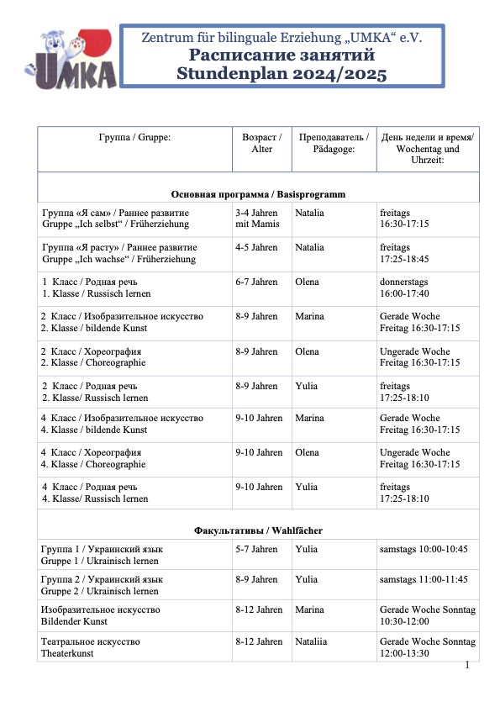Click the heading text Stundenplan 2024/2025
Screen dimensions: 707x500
[282, 74]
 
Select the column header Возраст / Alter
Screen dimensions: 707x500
[261, 142]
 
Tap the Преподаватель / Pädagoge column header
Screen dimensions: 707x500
[334, 142]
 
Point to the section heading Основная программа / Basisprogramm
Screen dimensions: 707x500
[258, 194]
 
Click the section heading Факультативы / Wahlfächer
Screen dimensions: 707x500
[258, 530]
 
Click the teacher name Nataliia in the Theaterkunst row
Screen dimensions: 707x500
[313, 641]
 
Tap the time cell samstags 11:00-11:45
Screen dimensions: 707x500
[424, 579]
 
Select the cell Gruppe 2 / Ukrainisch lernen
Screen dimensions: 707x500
[102, 585]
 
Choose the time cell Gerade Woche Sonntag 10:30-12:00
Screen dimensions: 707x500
[428, 615]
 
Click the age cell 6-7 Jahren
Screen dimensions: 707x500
[256, 282]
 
